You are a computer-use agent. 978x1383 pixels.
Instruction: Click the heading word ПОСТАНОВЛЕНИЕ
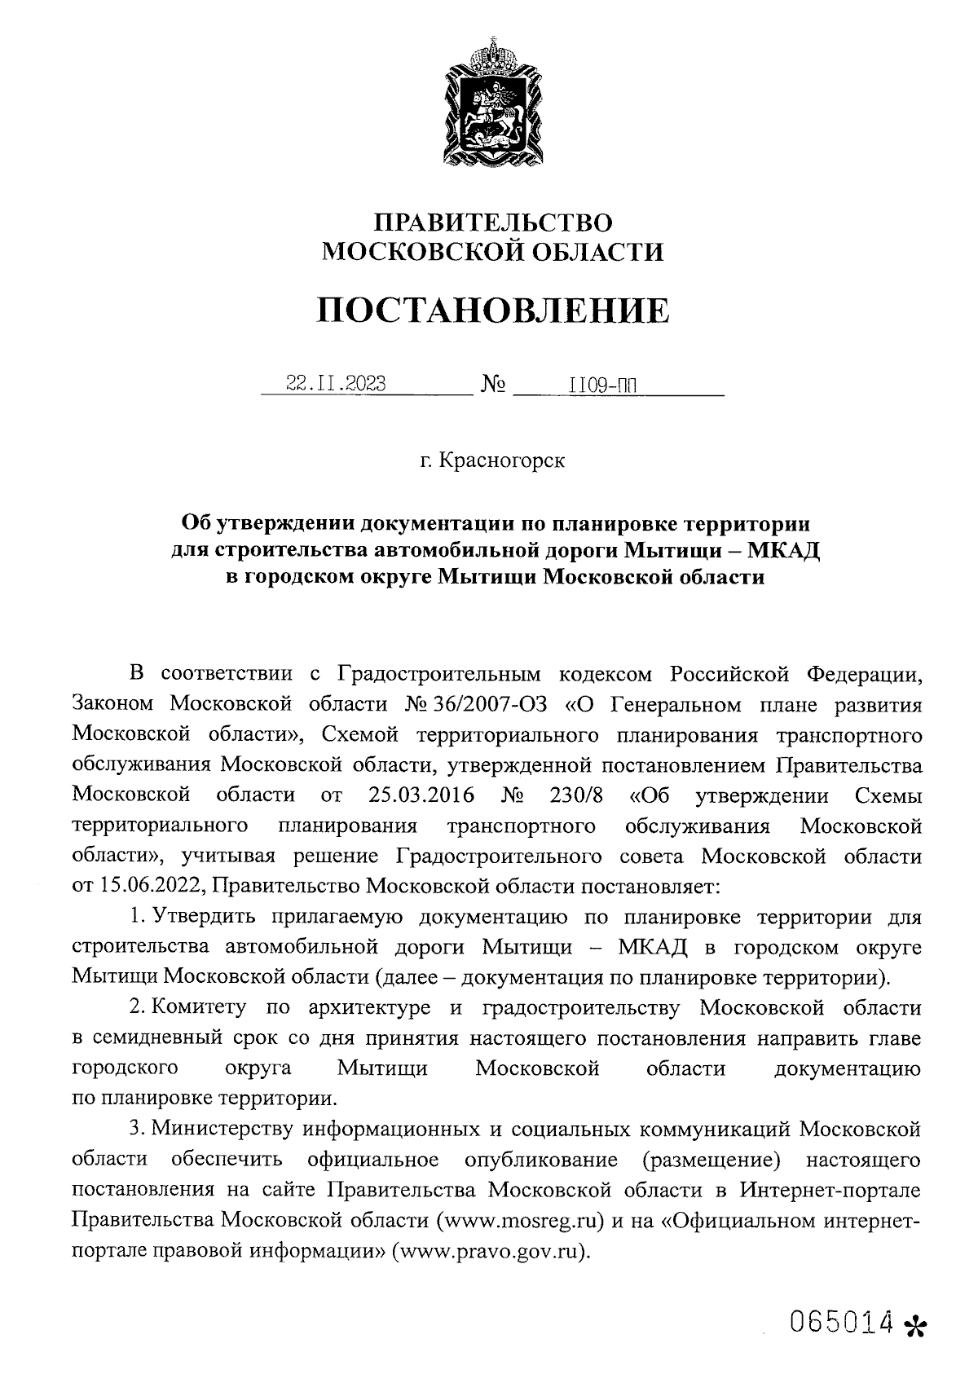tap(493, 311)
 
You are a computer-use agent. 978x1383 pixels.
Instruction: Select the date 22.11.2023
tap(336, 384)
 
